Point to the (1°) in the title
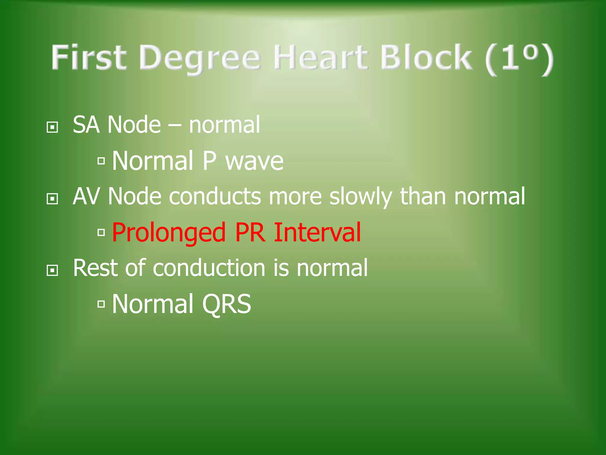(519, 59)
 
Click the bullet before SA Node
(52, 127)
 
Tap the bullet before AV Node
(52, 199)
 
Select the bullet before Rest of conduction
(52, 270)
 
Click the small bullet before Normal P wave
(101, 161)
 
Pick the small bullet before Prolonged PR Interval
(101, 233)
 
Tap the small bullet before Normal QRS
(101, 304)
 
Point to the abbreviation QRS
(226, 304)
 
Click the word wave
(254, 161)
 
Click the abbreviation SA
(86, 125)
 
